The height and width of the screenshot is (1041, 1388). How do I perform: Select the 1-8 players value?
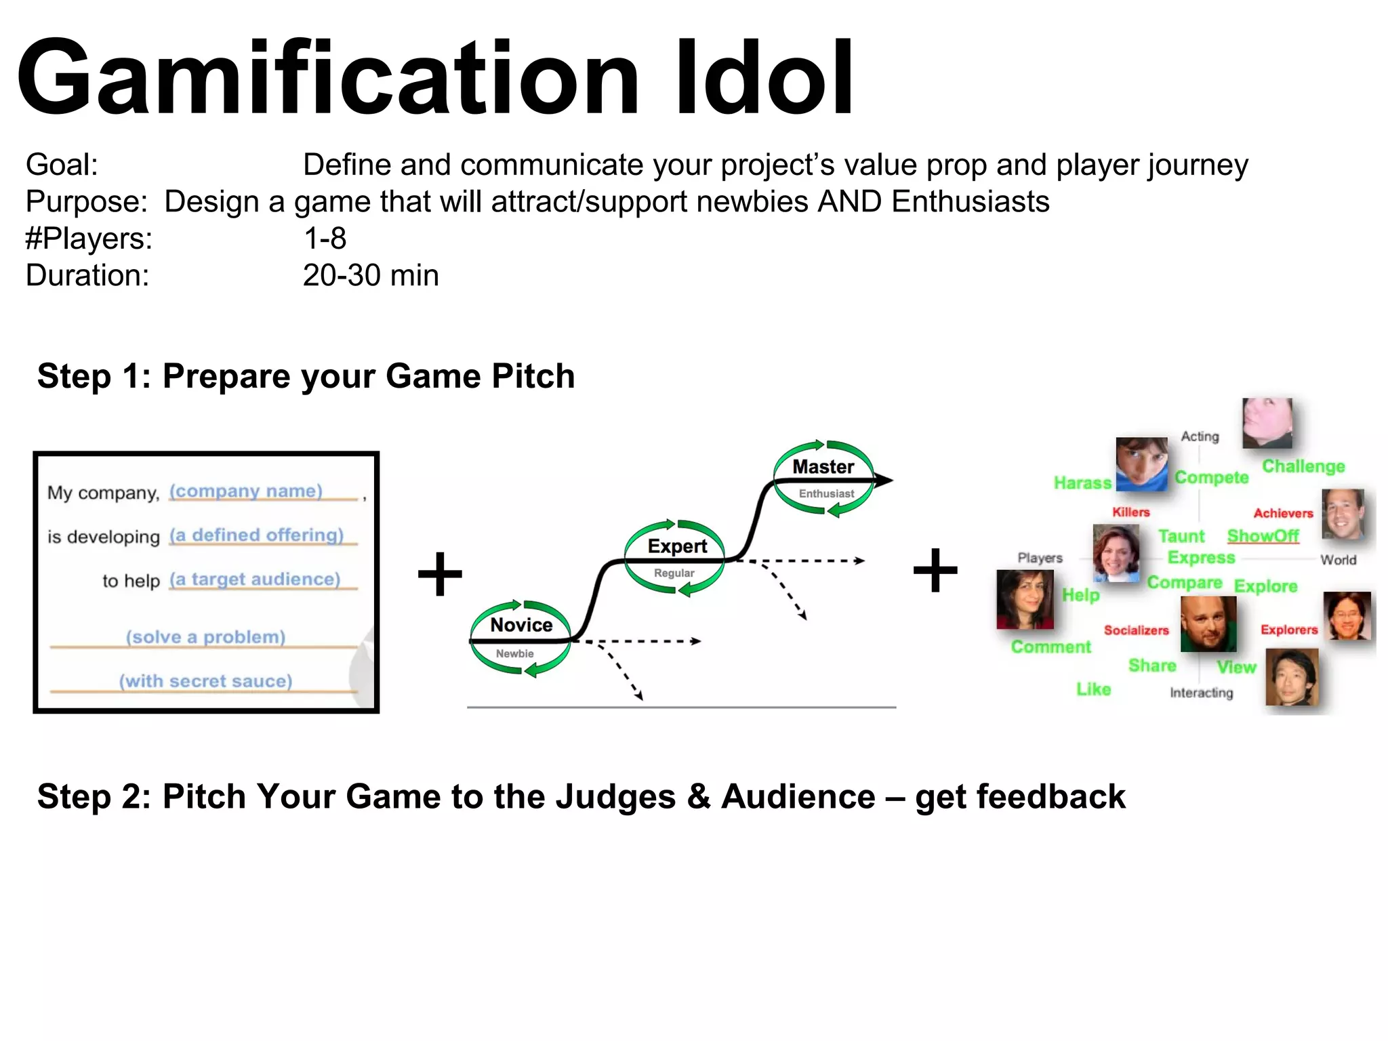(325, 239)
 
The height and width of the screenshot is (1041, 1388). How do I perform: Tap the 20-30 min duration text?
(371, 276)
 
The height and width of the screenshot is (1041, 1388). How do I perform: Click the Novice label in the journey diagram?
(521, 625)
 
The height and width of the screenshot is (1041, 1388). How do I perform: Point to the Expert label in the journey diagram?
(677, 546)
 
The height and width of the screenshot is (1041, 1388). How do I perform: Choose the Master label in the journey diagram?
(823, 467)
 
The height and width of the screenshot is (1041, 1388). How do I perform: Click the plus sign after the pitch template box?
(440, 574)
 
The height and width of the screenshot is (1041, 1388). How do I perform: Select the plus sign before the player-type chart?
(935, 570)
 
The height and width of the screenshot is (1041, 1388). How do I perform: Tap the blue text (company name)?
(246, 491)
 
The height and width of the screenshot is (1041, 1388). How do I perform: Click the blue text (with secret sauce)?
(206, 680)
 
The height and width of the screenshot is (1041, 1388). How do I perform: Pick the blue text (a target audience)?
(255, 579)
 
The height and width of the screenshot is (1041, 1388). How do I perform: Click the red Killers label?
(1130, 512)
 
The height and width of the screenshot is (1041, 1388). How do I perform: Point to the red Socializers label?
(1136, 630)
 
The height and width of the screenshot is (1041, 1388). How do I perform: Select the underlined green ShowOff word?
(1263, 536)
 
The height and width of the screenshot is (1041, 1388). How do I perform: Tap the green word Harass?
(1082, 483)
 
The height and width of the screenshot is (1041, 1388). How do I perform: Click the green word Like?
(1093, 689)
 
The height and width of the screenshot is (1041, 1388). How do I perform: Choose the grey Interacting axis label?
(1201, 693)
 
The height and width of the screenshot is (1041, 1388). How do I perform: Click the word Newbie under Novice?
(514, 654)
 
